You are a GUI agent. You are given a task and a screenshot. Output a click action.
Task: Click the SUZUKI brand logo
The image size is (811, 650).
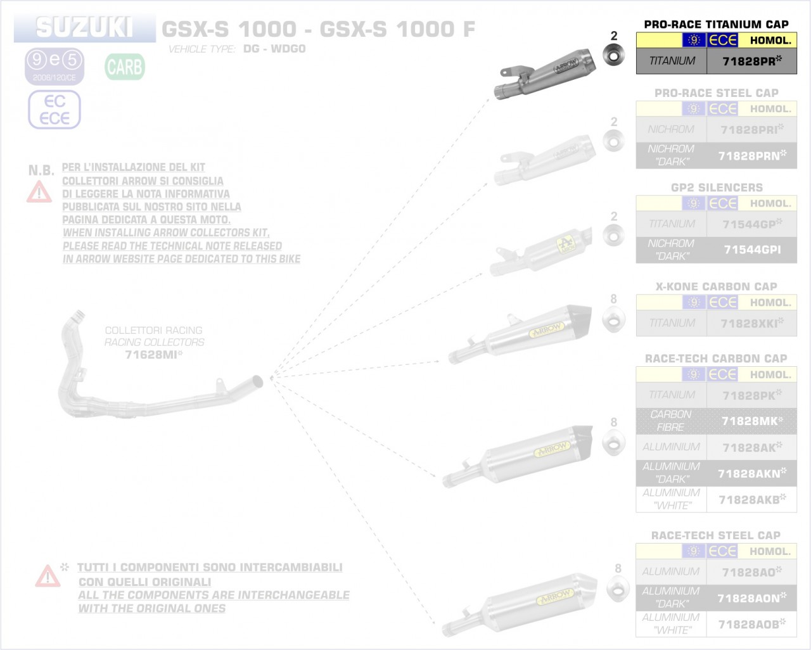click(84, 28)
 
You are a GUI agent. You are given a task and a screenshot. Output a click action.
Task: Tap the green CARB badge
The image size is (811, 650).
click(125, 67)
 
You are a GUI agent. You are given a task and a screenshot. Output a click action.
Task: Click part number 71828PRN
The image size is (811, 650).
click(751, 155)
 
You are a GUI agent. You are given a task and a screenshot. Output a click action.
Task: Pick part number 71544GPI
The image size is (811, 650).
click(751, 250)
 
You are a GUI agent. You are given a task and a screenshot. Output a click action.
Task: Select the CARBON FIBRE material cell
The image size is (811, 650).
click(671, 421)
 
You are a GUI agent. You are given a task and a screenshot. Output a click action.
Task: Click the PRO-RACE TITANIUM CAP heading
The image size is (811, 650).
click(716, 24)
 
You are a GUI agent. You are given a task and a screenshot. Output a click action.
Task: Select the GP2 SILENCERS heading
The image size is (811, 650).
click(716, 188)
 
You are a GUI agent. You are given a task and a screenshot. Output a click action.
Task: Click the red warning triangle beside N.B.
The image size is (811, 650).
click(39, 192)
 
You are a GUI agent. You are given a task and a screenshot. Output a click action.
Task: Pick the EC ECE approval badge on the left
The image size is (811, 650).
click(54, 110)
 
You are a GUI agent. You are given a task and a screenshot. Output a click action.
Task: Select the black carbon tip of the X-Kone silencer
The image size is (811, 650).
click(578, 317)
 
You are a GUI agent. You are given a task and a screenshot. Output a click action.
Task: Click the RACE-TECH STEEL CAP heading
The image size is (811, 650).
click(716, 535)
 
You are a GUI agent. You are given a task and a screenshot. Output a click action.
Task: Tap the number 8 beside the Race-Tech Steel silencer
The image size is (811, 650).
click(618, 568)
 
